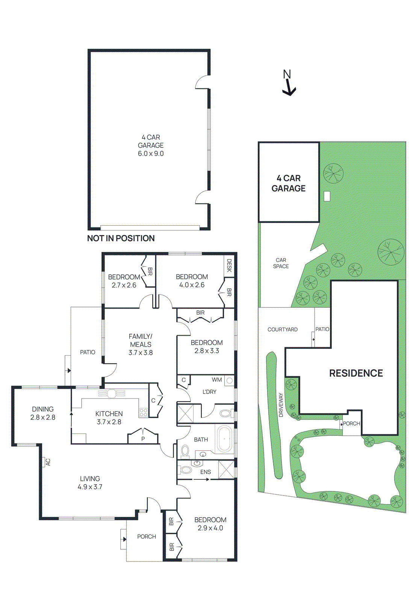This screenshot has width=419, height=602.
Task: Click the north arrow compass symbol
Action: (x=288, y=84)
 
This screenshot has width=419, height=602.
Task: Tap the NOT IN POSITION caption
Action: (x=121, y=238)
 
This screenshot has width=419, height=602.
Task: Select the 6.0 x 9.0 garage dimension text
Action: (x=151, y=154)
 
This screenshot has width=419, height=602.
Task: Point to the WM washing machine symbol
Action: (x=229, y=381)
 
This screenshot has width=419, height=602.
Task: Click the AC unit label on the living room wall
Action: (x=47, y=462)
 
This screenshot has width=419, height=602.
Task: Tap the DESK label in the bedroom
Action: (x=229, y=266)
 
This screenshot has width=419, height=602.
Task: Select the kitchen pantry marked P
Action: (x=143, y=438)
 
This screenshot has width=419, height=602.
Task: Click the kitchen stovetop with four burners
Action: (x=143, y=412)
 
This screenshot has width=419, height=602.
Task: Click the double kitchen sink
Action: (x=112, y=394)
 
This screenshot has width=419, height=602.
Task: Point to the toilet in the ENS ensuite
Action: (x=186, y=470)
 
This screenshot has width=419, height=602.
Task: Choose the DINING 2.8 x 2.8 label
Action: (x=43, y=413)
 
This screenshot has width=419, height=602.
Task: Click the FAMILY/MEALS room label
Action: (x=141, y=340)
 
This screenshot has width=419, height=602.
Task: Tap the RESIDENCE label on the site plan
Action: (x=356, y=373)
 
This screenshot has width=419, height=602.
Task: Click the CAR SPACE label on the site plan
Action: (x=281, y=263)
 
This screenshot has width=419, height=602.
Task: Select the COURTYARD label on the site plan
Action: (x=282, y=329)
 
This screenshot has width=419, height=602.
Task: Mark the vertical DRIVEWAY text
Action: (x=281, y=404)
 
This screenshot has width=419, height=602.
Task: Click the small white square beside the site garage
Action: (x=327, y=196)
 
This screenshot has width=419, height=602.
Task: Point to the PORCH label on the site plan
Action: (x=351, y=423)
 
